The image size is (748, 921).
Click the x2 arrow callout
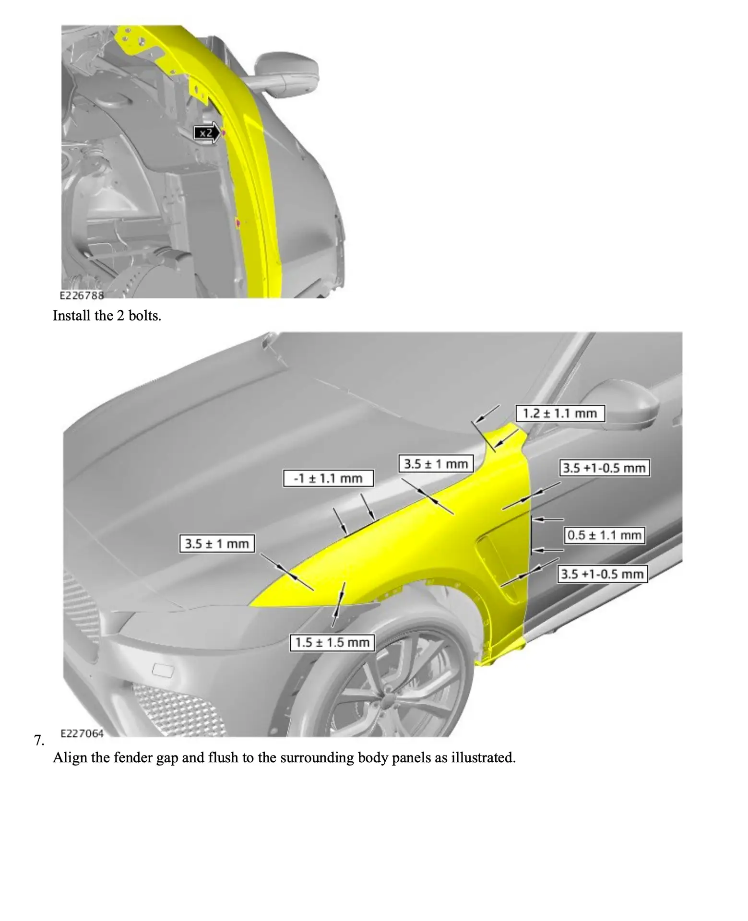tap(207, 133)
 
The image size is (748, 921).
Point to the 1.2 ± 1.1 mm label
tap(560, 413)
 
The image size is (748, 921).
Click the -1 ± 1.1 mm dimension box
tap(328, 478)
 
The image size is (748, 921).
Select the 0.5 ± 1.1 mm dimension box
tap(604, 535)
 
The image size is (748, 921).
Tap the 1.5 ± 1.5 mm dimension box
tap(332, 642)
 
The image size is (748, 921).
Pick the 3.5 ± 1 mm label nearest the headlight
tap(217, 543)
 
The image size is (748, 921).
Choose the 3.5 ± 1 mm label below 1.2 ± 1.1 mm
tap(436, 464)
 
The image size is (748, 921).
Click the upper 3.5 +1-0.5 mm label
tap(604, 468)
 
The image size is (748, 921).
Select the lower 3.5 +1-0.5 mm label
tap(603, 574)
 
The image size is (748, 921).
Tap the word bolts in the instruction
tap(144, 316)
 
